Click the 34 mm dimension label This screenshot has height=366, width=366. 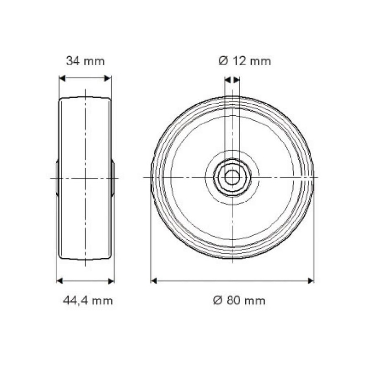85,61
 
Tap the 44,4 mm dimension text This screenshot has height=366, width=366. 88,301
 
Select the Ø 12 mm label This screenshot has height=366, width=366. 245,61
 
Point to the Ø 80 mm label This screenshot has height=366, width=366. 239,300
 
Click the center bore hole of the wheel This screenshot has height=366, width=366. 232,178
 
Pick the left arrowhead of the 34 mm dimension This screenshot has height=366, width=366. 62,78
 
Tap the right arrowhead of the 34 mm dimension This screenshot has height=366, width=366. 108,78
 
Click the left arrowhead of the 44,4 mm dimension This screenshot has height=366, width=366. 59,281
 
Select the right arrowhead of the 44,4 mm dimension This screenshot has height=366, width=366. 111,281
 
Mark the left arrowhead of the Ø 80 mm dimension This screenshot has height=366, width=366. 154,281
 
